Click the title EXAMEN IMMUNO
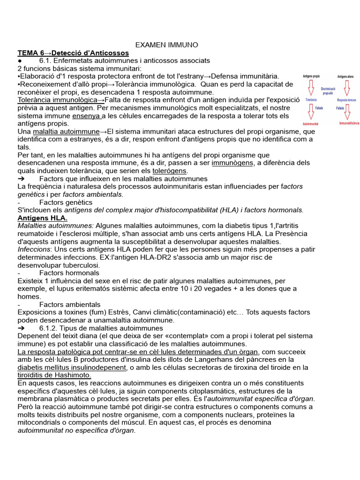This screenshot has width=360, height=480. [x=166, y=45]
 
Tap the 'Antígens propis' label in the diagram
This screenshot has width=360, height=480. [x=311, y=76]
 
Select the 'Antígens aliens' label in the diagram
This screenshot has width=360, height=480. [x=346, y=76]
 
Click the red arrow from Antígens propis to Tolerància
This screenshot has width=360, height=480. [x=310, y=87]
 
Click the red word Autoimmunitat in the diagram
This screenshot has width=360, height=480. [x=310, y=124]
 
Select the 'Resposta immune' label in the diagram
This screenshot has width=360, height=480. [x=346, y=100]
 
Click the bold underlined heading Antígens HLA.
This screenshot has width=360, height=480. [x=42, y=218]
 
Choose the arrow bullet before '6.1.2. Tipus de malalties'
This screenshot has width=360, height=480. [x=21, y=328]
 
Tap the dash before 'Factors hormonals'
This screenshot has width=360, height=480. [x=18, y=273]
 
